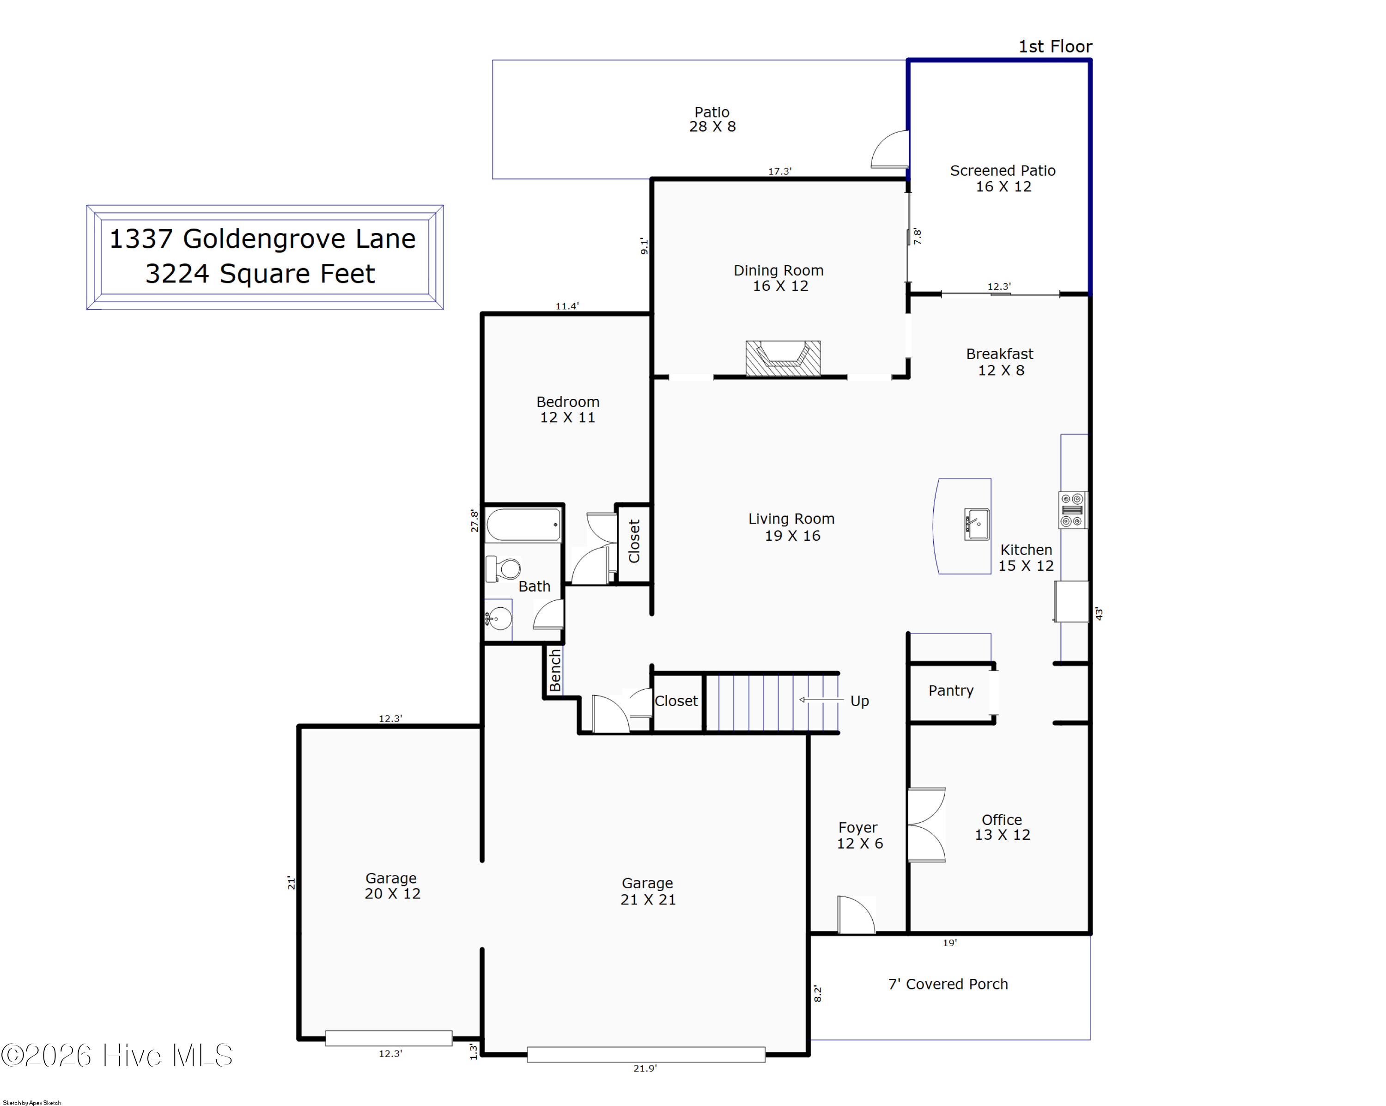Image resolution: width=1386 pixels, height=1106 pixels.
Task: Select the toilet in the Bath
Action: pyautogui.click(x=504, y=569)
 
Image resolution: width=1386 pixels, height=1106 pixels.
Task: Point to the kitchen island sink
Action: pyautogui.click(x=977, y=524)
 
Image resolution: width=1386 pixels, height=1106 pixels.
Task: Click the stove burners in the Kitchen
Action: pyautogui.click(x=1072, y=510)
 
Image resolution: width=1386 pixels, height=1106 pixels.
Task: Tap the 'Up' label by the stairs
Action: pyautogui.click(x=859, y=701)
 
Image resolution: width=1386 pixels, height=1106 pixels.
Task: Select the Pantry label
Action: pyautogui.click(x=951, y=690)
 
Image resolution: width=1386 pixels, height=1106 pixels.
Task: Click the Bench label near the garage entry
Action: pyautogui.click(x=555, y=670)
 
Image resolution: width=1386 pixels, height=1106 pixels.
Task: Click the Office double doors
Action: pyautogui.click(x=926, y=825)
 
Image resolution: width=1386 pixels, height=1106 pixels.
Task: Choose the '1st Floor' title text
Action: pyautogui.click(x=1055, y=46)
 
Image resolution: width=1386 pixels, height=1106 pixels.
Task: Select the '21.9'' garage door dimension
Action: pyautogui.click(x=645, y=1068)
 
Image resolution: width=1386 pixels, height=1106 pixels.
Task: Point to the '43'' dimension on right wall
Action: pyautogui.click(x=1099, y=614)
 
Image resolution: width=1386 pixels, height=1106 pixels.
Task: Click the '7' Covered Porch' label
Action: pyautogui.click(x=948, y=984)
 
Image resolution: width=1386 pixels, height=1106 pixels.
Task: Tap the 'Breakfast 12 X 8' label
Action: pyautogui.click(x=1000, y=362)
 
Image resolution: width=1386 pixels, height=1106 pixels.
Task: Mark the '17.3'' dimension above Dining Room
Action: pyautogui.click(x=780, y=171)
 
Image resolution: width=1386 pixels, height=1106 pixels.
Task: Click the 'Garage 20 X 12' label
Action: pyautogui.click(x=392, y=886)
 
